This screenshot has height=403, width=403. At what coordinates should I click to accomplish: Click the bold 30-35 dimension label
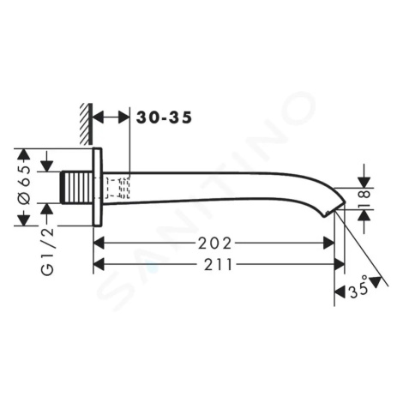point(164,117)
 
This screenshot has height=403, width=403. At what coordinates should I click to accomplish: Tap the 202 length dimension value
point(214,244)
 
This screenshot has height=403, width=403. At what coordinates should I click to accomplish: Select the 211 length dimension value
point(218,265)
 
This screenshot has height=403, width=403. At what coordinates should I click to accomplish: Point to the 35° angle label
point(358,288)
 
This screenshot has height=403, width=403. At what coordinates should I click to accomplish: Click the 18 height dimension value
point(365,198)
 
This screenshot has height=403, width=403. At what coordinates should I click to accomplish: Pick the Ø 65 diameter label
point(25,185)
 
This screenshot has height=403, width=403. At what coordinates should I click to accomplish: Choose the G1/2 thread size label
point(47,251)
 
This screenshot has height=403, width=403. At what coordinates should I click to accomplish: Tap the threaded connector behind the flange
point(77,188)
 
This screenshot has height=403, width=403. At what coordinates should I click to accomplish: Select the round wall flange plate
point(98,187)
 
